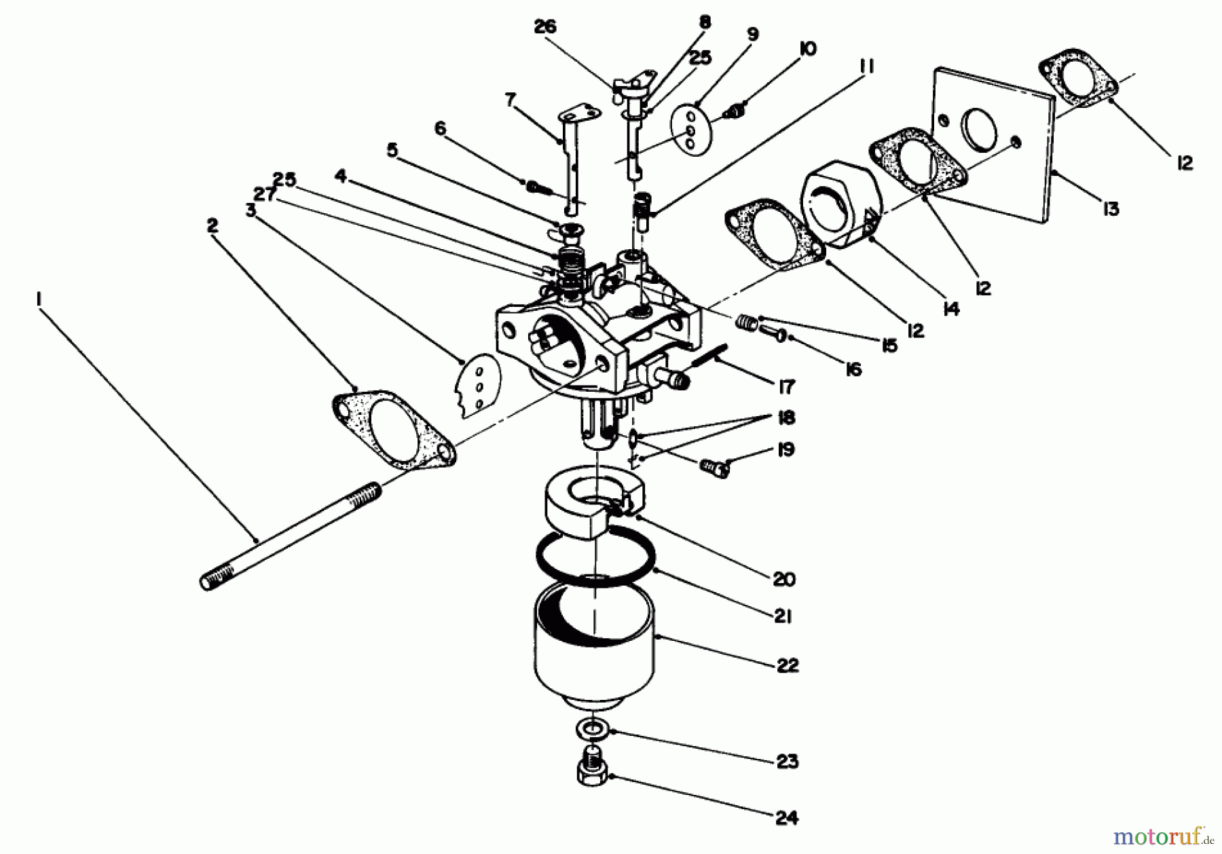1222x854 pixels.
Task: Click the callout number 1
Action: (39, 298)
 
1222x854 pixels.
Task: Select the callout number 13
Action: (1110, 209)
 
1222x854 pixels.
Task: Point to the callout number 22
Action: (788, 665)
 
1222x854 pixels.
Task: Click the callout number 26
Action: (544, 26)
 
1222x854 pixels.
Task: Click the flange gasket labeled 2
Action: (394, 430)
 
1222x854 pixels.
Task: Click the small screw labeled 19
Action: (712, 468)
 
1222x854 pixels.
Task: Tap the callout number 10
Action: (808, 48)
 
